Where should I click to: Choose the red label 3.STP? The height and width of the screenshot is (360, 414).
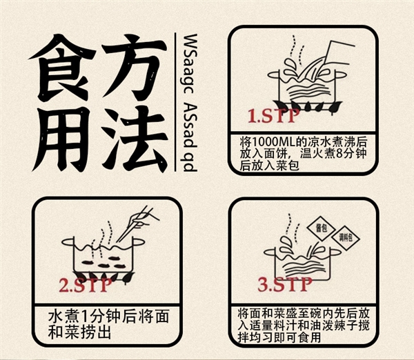[x=284, y=283]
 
